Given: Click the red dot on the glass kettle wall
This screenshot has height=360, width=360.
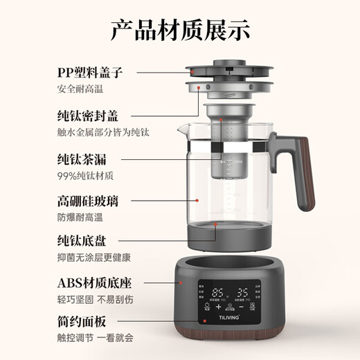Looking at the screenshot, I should [199, 201].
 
